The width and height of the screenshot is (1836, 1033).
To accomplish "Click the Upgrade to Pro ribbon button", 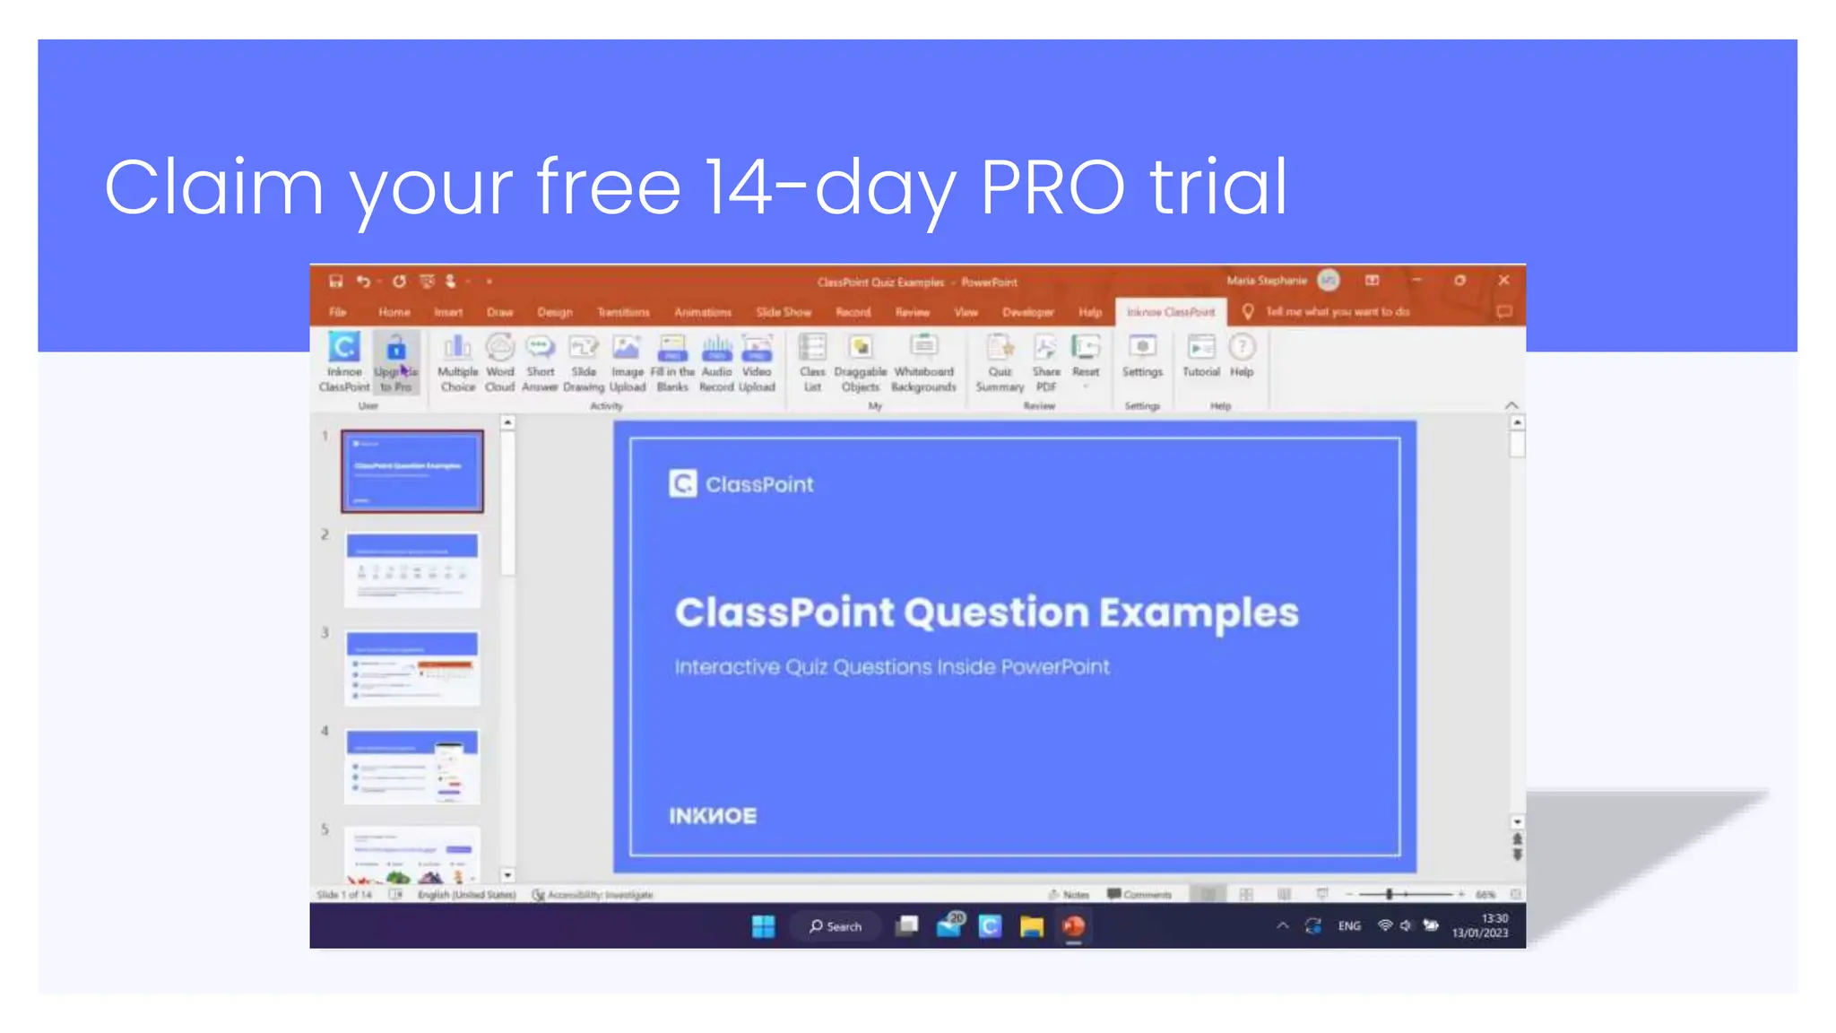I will pyautogui.click(x=395, y=362).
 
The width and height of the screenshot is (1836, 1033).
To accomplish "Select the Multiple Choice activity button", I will pyautogui.click(x=457, y=362).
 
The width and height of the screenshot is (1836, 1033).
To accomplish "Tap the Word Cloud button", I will pyautogui.click(x=499, y=362).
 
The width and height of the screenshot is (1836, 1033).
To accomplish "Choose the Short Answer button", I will pyautogui.click(x=540, y=362).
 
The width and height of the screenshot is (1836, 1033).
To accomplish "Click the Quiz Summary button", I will pyautogui.click(x=1000, y=362).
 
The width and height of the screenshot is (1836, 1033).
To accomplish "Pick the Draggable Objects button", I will pyautogui.click(x=860, y=362).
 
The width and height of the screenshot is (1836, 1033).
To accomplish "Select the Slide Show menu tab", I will pyautogui.click(x=783, y=312).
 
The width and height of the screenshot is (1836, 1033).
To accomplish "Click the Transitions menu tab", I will pyautogui.click(x=623, y=312).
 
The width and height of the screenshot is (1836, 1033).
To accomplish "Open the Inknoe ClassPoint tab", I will pyautogui.click(x=1171, y=312).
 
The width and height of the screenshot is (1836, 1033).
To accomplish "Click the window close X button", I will pyautogui.click(x=1503, y=281).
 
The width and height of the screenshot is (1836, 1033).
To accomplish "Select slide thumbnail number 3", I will pyautogui.click(x=412, y=668).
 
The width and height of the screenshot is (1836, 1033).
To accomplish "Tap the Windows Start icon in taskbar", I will pyautogui.click(x=763, y=926).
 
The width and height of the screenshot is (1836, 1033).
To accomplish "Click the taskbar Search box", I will pyautogui.click(x=836, y=926).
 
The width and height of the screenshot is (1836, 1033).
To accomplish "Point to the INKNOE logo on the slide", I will pyautogui.click(x=713, y=816).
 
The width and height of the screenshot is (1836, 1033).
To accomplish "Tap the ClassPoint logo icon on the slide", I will pyautogui.click(x=682, y=484).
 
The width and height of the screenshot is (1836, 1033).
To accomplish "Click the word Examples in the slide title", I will pyautogui.click(x=1199, y=613).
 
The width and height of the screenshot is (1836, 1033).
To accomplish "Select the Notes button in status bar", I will pyautogui.click(x=1070, y=895).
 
